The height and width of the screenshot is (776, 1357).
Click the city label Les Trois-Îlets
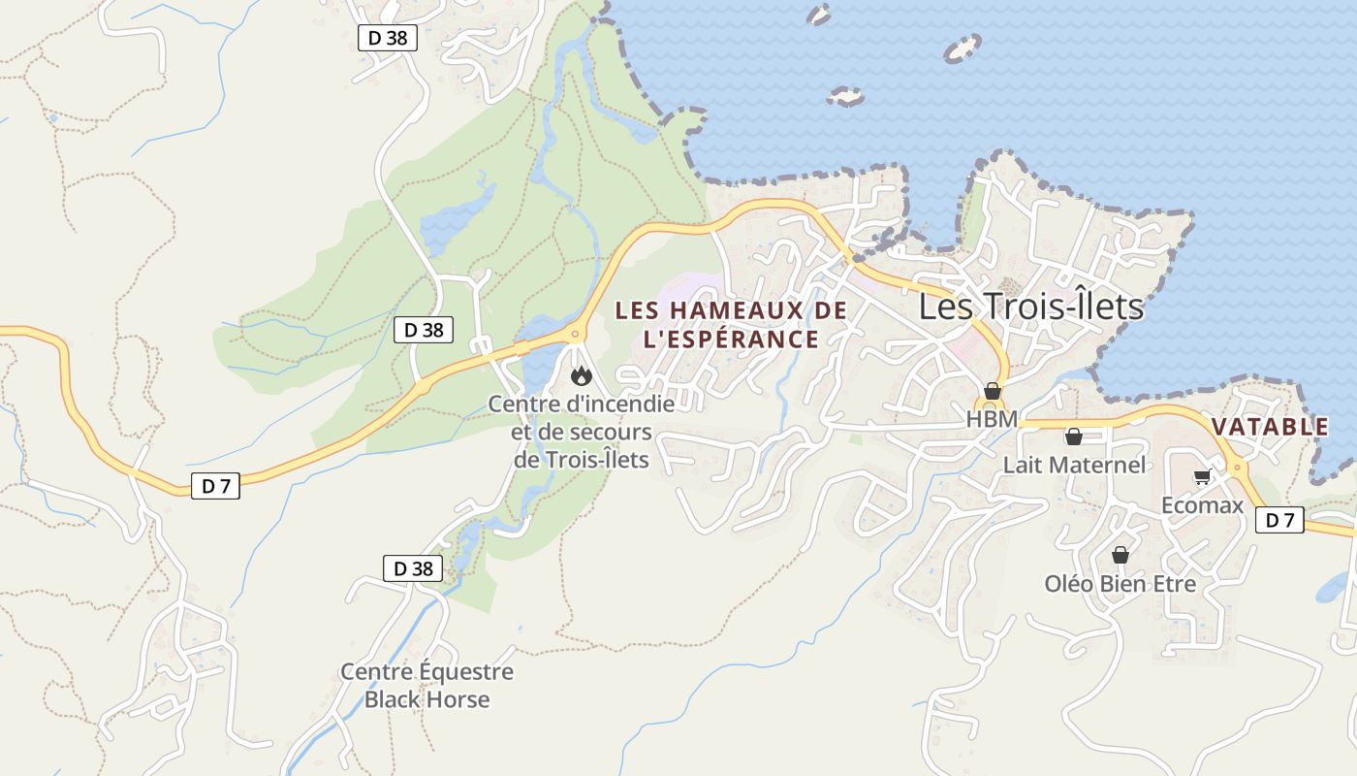tap(1031, 307)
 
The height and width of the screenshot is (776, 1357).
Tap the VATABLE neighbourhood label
tap(1270, 427)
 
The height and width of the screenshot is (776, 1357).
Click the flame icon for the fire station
tap(582, 375)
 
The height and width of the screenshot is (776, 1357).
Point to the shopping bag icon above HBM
tap(992, 391)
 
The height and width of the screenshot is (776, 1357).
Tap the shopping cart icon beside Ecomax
tap(1202, 476)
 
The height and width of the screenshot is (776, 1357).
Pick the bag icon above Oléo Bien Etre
tap(1120, 555)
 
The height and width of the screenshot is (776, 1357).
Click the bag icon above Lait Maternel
tap(1074, 436)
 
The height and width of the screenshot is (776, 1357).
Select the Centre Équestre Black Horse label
tap(426, 685)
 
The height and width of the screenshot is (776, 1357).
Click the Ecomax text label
tap(1202, 505)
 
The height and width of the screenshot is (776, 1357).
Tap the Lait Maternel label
tap(1074, 465)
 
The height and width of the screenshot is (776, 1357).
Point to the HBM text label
tap(992, 419)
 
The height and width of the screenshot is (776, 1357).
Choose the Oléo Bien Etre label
tap(1120, 584)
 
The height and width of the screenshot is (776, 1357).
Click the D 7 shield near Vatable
tap(1279, 520)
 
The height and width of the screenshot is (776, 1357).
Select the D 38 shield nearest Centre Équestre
tap(413, 568)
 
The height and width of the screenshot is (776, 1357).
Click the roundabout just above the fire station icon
tap(577, 335)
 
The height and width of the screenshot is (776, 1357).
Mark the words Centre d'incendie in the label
tap(582, 404)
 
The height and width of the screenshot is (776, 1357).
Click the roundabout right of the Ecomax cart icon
tap(1238, 468)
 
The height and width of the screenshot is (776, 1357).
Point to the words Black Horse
tap(426, 699)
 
